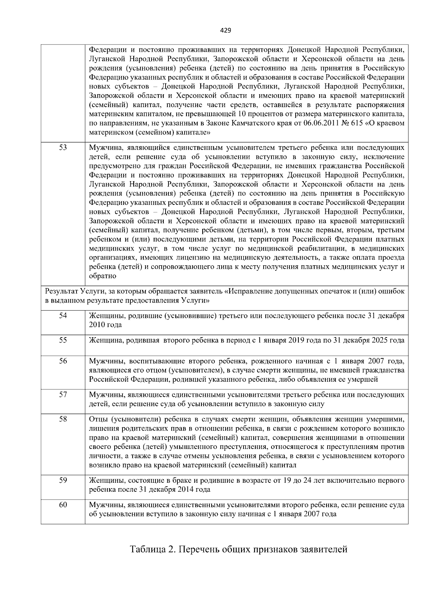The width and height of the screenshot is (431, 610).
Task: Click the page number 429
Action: [x=226, y=31]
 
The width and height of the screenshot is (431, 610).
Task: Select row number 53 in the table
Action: [x=63, y=147]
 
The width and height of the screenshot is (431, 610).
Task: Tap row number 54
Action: [x=63, y=316]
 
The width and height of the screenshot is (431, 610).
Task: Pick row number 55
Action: [x=63, y=340]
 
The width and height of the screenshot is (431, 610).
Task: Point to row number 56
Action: [x=63, y=361]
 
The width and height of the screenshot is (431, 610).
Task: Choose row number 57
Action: [x=63, y=395]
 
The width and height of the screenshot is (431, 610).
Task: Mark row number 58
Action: [x=63, y=419]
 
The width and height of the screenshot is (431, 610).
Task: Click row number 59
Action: [x=63, y=480]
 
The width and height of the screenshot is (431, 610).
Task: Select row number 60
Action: [x=63, y=505]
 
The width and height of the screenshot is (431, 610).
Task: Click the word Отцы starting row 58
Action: [x=98, y=419]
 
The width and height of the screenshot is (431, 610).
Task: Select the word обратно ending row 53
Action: [x=102, y=276]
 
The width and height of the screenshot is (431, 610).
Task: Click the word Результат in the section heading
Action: [x=60, y=292]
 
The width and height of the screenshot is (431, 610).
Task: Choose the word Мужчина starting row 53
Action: [x=104, y=148]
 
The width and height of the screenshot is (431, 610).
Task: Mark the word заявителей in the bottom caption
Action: [x=322, y=550]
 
